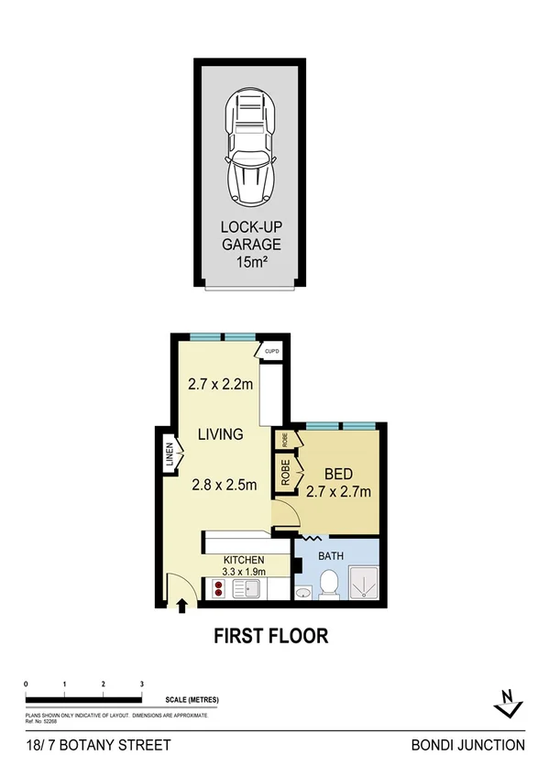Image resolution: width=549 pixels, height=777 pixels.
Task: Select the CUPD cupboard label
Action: point(271,351)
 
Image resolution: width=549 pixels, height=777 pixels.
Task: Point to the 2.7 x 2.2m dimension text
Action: point(220,385)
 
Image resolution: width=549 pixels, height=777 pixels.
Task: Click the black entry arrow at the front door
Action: point(181,604)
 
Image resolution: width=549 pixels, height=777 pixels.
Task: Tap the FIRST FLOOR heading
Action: point(270,635)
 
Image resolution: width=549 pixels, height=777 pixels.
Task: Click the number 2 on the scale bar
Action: point(103,684)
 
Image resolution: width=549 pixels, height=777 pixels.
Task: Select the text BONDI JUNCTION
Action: point(467,745)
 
